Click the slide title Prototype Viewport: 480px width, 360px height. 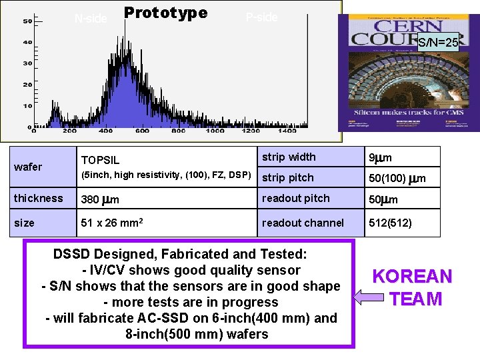point(165,13)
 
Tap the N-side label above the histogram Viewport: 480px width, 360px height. point(90,19)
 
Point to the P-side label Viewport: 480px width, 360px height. point(261,17)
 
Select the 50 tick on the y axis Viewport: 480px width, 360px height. point(27,21)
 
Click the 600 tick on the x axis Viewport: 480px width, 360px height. point(142,131)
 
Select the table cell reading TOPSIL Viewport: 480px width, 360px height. point(100,160)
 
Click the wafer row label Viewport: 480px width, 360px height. point(28,167)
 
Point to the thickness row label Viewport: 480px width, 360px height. point(39,198)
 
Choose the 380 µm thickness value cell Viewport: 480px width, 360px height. point(99,199)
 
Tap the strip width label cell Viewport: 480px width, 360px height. point(289,157)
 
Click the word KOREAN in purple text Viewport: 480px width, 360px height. point(411,277)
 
